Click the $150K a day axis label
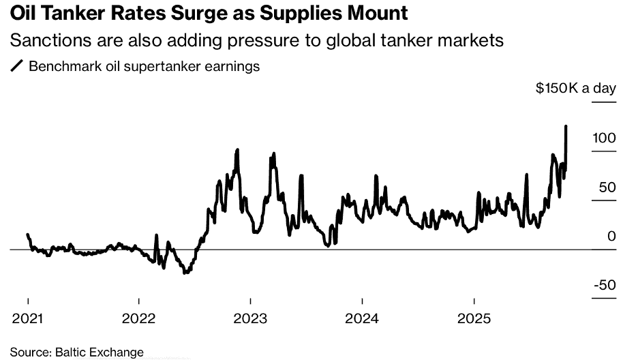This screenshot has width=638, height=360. point(575,88)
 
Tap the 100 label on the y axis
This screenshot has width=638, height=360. point(604,138)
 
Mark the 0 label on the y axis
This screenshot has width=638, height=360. point(611,236)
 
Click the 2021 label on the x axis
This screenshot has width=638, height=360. point(27,318)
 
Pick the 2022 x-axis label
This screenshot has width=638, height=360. point(139,318)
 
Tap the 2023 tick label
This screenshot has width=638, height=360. point(251,318)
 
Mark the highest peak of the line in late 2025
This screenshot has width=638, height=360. point(566,126)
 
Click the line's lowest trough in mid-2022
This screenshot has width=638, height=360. point(185,273)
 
